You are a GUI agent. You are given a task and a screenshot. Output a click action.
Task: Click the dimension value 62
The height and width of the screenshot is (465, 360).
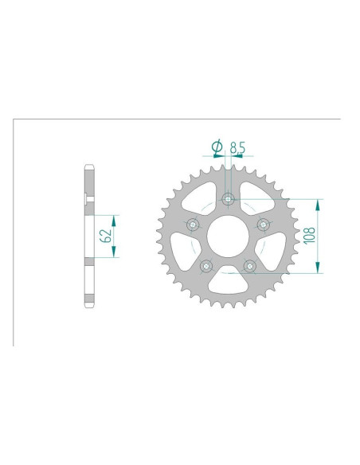coord(104,234)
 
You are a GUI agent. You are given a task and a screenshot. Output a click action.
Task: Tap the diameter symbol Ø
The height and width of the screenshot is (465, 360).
coord(215,147)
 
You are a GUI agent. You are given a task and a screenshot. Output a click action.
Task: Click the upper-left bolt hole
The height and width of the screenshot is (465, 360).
coord(194,225)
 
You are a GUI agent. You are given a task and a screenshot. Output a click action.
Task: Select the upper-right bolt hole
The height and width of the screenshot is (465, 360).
coord(262,225)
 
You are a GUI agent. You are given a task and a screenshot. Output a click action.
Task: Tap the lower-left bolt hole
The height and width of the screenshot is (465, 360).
coord(207,265)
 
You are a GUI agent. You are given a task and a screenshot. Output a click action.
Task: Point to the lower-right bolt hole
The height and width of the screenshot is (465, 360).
coord(249,265)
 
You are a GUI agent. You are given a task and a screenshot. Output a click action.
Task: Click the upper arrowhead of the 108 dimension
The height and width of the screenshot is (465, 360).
coord(319,203)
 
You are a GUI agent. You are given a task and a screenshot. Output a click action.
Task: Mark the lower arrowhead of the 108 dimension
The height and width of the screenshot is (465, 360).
coord(319,268)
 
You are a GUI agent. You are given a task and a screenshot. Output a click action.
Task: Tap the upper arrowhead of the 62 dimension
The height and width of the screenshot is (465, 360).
coord(115,218)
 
